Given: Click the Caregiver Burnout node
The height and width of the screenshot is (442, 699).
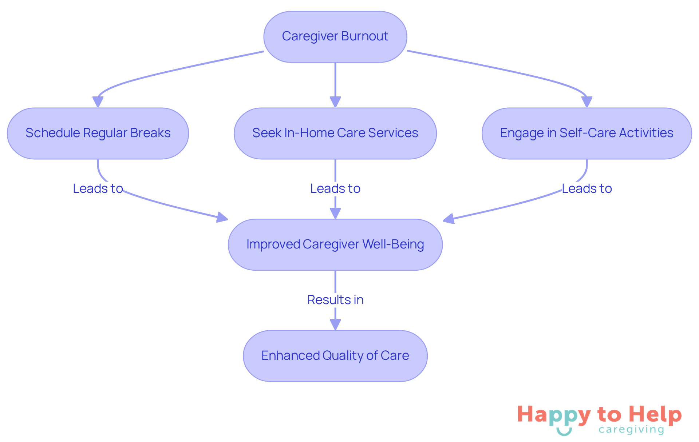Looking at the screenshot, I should click(335, 37).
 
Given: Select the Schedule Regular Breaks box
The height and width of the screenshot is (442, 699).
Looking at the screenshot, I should click(98, 133).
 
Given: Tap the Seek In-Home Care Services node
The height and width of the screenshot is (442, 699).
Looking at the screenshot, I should click(335, 133).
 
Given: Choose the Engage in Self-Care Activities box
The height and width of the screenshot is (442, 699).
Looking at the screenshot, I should click(587, 133).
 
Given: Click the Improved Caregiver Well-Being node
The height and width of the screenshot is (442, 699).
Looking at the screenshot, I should click(335, 244).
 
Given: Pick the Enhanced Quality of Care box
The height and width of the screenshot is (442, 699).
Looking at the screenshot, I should click(335, 356).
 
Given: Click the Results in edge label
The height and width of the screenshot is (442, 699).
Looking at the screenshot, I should click(335, 300).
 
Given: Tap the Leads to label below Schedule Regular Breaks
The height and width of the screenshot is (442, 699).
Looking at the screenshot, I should click(98, 188).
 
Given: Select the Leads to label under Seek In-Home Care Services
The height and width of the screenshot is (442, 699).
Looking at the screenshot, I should click(335, 188).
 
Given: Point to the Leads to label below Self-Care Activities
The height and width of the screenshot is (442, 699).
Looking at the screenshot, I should click(587, 188).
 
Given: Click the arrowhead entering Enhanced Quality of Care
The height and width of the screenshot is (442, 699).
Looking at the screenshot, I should click(335, 324).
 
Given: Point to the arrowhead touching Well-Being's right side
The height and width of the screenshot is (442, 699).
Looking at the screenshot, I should click(449, 219).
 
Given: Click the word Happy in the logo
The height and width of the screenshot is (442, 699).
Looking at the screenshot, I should click(554, 415).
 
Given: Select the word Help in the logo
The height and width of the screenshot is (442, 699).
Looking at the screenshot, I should click(655, 414).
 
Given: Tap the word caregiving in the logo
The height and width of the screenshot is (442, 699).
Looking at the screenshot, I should click(631, 430).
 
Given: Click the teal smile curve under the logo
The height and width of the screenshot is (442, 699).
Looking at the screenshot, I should click(564, 432).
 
